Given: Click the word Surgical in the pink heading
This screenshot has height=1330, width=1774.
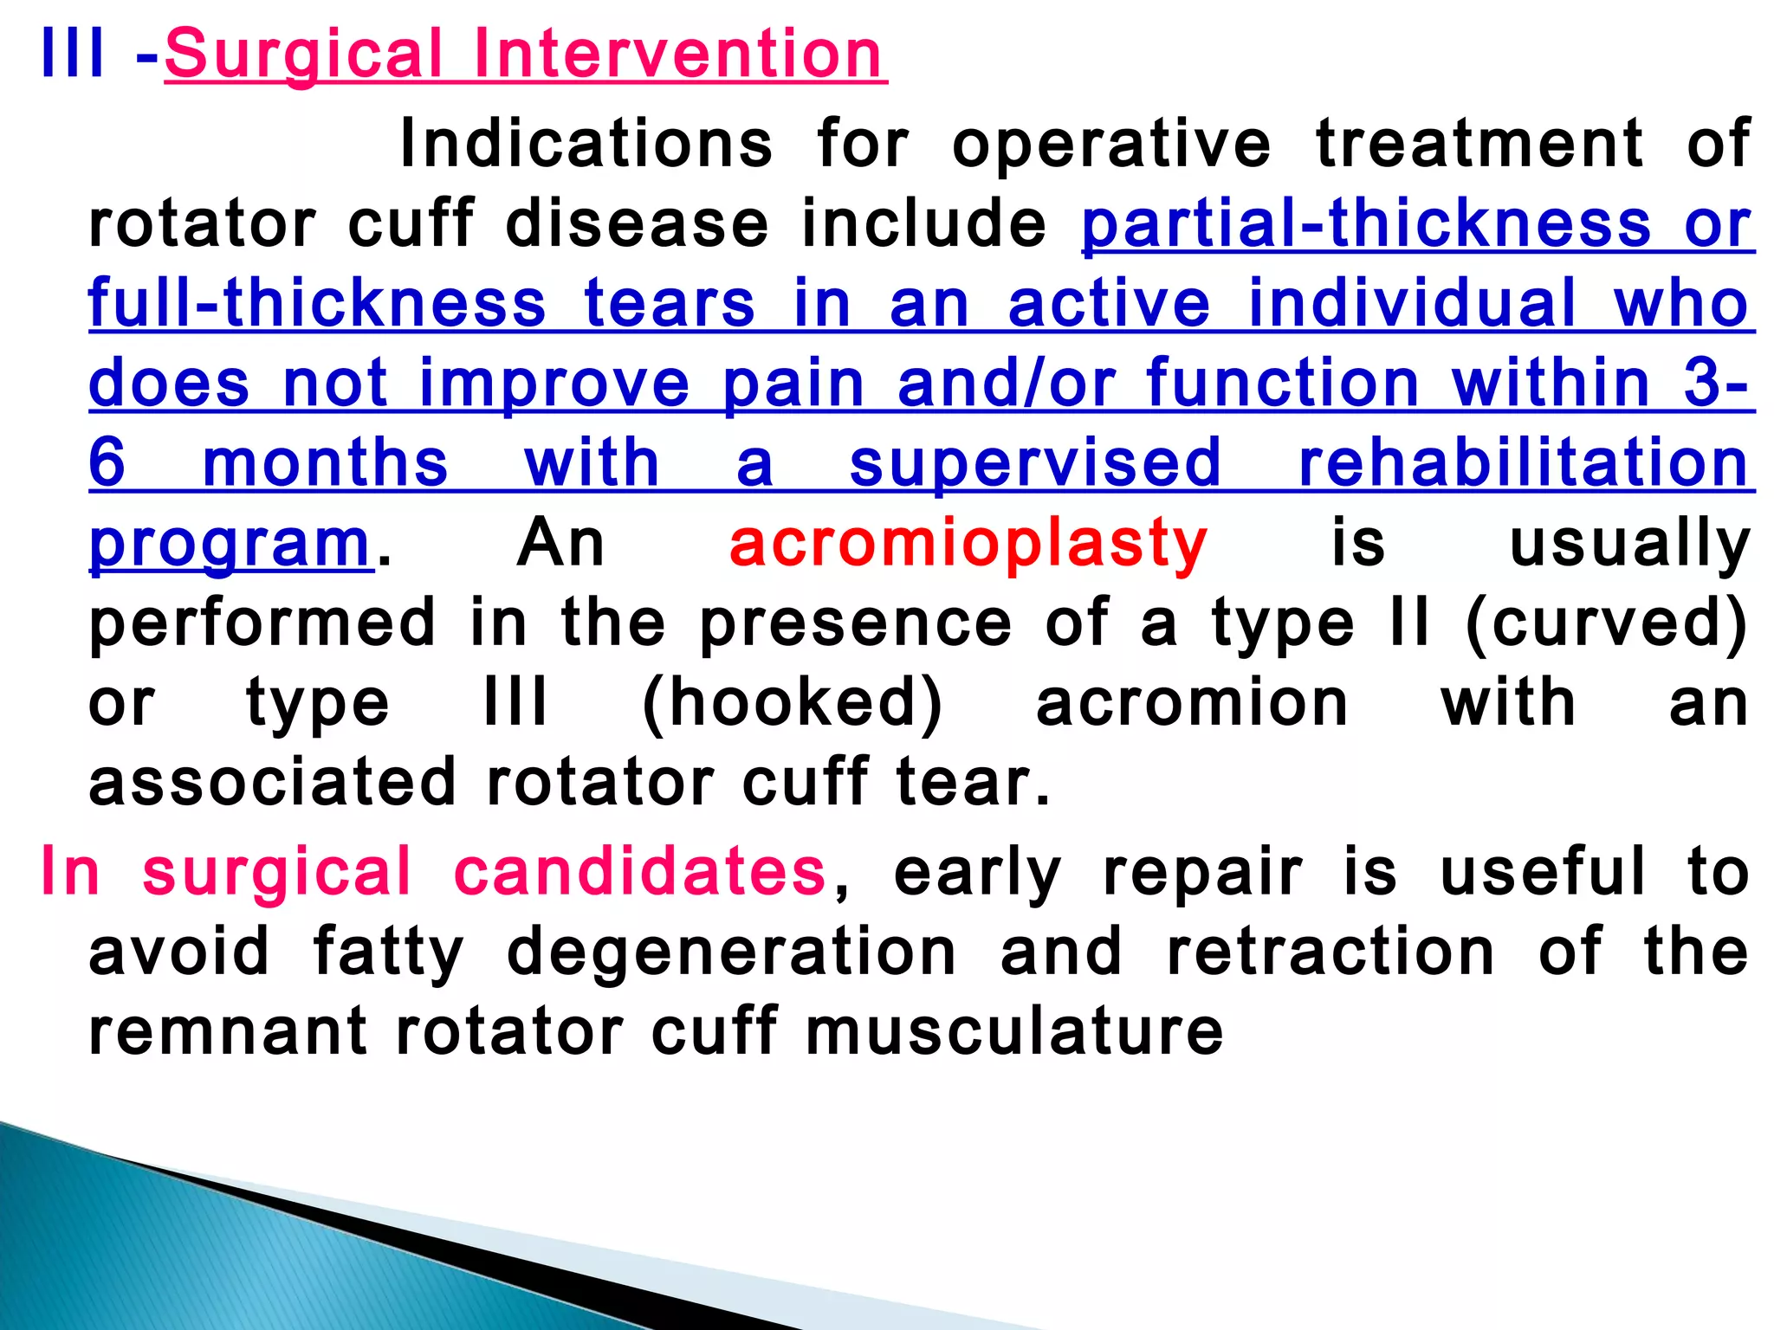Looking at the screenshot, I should (303, 55).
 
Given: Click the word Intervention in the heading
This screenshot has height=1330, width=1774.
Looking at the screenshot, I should (678, 54).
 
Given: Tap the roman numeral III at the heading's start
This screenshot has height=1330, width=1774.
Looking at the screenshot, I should (73, 54).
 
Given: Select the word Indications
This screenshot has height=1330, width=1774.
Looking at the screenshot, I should (586, 144).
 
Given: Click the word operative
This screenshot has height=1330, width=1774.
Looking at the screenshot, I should (1111, 144).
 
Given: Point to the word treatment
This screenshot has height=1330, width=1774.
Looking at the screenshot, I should (1479, 144).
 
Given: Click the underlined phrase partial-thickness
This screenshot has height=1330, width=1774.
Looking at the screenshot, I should (1366, 224).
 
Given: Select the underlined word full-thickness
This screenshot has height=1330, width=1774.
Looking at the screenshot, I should (317, 304).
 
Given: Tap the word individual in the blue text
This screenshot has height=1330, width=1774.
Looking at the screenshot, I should (1412, 304).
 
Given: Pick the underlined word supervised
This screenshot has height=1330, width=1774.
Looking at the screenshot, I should (1035, 464).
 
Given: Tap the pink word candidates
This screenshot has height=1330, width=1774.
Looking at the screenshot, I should (640, 872).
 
